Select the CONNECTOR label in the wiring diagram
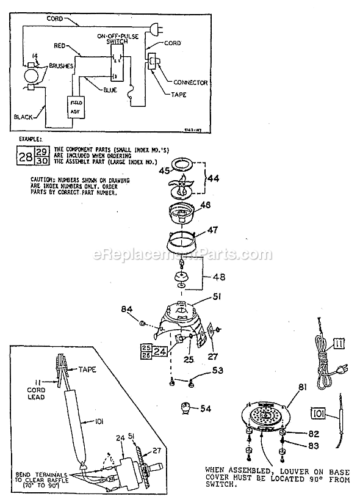[x=190, y=82]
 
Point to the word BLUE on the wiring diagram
[x=109, y=89]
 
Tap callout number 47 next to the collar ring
[x=212, y=231]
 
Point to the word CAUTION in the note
[x=42, y=180]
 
